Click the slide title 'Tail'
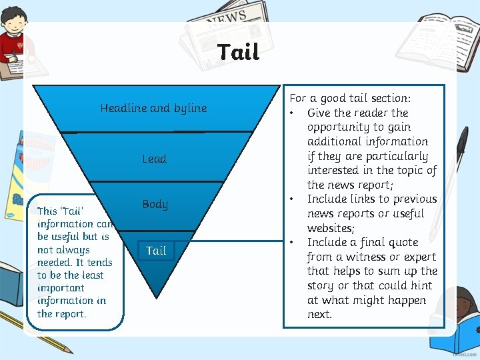click(x=238, y=52)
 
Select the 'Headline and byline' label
click(x=153, y=108)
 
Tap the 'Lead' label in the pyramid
click(x=154, y=159)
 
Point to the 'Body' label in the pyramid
click(x=155, y=205)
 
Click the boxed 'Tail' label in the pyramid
click(x=156, y=251)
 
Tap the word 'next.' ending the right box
click(x=319, y=314)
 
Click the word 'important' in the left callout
click(x=61, y=288)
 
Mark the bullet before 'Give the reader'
click(x=292, y=113)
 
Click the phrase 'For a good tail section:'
click(x=350, y=98)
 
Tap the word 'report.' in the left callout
click(x=71, y=313)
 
